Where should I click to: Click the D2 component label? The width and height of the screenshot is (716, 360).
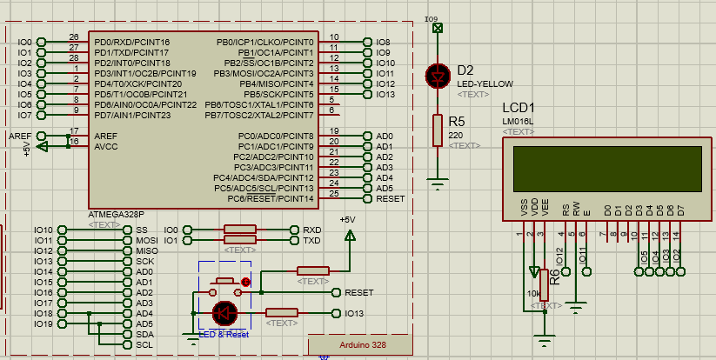point(465,70)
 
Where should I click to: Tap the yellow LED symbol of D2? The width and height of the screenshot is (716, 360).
point(437,76)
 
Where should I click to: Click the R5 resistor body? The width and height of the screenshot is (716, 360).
point(437,130)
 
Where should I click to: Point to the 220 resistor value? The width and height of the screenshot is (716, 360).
point(455,136)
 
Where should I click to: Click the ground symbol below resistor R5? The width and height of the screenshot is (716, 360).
point(437,182)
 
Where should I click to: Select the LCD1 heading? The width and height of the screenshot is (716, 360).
point(519,107)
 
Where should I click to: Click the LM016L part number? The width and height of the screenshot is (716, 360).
point(518,121)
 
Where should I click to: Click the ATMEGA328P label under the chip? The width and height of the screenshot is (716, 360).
point(117,213)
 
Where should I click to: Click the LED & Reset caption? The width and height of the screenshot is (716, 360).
point(224,334)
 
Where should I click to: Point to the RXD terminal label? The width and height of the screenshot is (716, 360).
point(311,230)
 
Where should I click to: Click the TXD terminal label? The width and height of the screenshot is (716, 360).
point(311,240)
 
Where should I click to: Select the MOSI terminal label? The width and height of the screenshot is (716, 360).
point(146,240)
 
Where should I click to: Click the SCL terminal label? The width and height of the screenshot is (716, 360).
point(144,344)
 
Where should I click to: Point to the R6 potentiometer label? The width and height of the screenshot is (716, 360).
point(555,277)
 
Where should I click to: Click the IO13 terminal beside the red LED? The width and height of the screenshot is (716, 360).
point(354,313)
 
